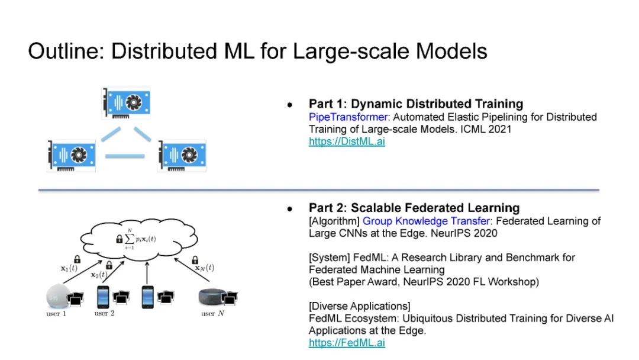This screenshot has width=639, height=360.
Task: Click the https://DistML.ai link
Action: [x=347, y=142]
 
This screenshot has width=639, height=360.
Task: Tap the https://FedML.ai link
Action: [x=347, y=343]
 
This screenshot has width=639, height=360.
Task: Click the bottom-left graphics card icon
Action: [x=71, y=155]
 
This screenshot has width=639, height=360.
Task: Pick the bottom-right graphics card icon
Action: [x=182, y=155]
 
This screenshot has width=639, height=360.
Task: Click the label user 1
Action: [x=56, y=314]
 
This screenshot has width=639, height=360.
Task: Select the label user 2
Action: [x=105, y=313]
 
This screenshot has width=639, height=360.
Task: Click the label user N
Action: [x=212, y=314]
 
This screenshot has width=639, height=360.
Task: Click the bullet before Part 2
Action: [x=290, y=208]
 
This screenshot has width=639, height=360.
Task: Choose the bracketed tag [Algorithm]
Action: [x=334, y=221]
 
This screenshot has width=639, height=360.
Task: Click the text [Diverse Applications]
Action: [x=359, y=306]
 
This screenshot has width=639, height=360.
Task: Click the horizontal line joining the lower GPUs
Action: [x=125, y=156]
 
